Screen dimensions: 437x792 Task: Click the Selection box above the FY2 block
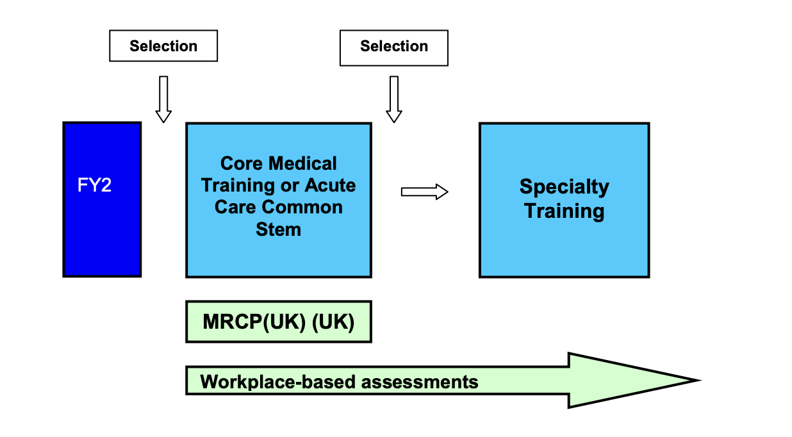pyautogui.click(x=163, y=46)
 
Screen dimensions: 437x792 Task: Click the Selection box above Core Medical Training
pyautogui.click(x=393, y=47)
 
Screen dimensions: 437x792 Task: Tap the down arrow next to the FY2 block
pyautogui.click(x=163, y=99)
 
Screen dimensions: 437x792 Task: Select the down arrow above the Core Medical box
pyautogui.click(x=393, y=99)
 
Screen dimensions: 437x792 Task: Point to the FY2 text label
pyautogui.click(x=94, y=186)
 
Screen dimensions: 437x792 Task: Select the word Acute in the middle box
pyautogui.click(x=330, y=185)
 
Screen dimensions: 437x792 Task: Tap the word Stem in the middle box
pyautogui.click(x=278, y=229)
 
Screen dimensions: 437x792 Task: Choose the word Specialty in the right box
pyautogui.click(x=564, y=187)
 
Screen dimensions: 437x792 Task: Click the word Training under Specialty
pyautogui.click(x=564, y=210)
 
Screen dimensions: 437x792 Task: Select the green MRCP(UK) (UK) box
pyautogui.click(x=278, y=322)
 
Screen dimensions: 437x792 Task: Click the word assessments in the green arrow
pyautogui.click(x=420, y=383)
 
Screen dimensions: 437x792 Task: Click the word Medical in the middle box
pyautogui.click(x=305, y=163)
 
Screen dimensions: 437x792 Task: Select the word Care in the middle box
pyautogui.click(x=236, y=208)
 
